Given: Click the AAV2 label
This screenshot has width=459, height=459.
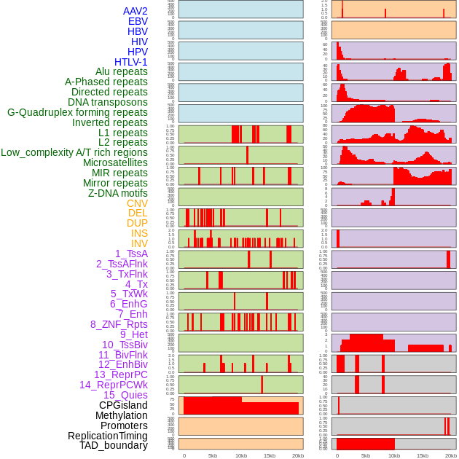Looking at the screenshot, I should (135, 11).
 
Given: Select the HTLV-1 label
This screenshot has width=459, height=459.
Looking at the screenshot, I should (130, 62).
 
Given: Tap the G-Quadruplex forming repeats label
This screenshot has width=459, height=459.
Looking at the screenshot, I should (77, 112).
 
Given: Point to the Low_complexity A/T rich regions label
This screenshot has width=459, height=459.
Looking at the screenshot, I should (74, 152).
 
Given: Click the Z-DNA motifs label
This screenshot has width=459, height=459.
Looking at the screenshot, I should (117, 193).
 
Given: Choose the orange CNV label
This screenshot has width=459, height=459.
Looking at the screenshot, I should (137, 203).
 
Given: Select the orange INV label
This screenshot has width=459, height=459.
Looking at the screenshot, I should (139, 243).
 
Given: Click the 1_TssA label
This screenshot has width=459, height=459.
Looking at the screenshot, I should (131, 254).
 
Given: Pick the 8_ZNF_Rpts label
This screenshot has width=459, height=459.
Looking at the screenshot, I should (119, 324).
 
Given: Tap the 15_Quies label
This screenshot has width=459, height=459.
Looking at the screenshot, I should (125, 395).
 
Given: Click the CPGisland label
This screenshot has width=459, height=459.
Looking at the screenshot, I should (123, 405).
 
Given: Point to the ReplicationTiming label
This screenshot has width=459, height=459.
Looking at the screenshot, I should (107, 436).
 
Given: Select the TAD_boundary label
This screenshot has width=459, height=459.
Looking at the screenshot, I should (113, 445).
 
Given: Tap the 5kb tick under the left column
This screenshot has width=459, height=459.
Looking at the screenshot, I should (213, 455).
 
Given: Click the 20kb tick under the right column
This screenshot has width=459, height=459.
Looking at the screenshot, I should (451, 455).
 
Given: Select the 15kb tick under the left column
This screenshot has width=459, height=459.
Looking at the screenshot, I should (270, 455).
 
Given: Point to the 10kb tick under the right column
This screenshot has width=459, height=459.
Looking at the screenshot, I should (394, 455).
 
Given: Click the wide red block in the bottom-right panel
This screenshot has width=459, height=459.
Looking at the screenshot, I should (365, 444).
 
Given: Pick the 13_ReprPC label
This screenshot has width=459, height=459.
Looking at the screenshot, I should (120, 374).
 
